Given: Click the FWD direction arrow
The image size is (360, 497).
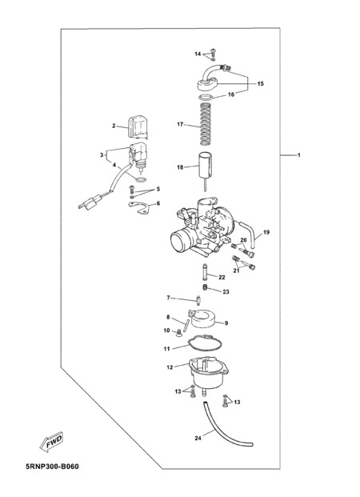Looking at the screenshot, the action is point(52,441).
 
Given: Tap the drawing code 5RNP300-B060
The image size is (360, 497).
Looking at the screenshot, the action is point(52,467).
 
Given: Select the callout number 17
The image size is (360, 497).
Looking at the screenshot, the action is point(180,124).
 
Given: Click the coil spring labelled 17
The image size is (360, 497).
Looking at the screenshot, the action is point(206,123).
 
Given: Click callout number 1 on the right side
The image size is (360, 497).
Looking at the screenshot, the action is point(298,155).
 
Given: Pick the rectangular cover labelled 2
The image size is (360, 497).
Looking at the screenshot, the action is point(138,127).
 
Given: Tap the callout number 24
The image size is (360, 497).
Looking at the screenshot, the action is point(198,438).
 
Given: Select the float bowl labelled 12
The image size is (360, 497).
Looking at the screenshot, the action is point(208,374).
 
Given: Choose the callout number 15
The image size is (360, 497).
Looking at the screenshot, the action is point(260,84).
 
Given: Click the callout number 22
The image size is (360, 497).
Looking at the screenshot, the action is point(222,278).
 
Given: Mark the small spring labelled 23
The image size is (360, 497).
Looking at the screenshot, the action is point(205,287).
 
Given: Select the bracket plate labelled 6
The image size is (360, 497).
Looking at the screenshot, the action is point(140,207).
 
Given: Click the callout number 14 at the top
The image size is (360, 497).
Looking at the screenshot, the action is point(198,54).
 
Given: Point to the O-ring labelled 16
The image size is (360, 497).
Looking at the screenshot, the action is point(206,97).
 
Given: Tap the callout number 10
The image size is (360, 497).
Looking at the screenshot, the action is point(166,331).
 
